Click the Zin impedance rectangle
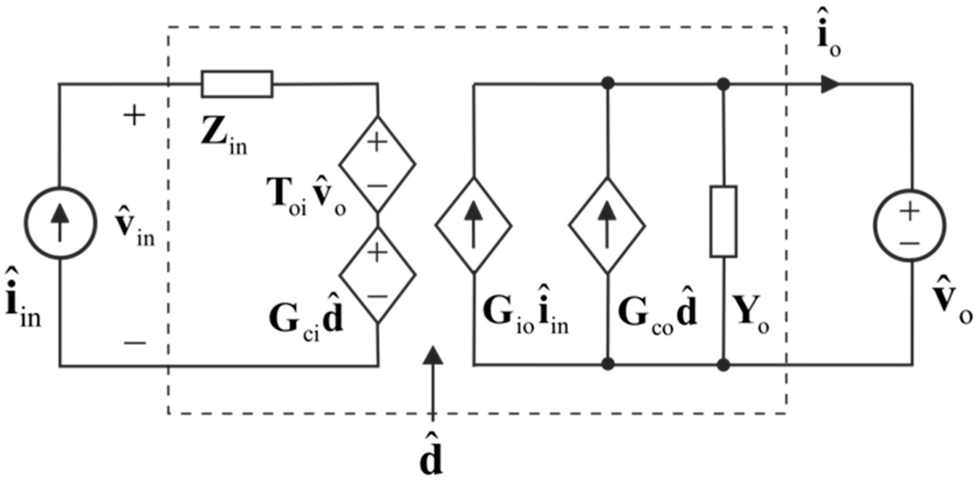pyautogui.click(x=237, y=84)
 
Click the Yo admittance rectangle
pyautogui.click(x=723, y=222)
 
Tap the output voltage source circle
pyautogui.click(x=910, y=226)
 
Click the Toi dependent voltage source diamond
pyautogui.click(x=377, y=164)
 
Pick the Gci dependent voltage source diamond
pyautogui.click(x=377, y=274)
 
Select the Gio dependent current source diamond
pyautogui.click(x=473, y=226)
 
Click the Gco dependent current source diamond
pyautogui.click(x=607, y=226)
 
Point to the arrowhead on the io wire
pyautogui.click(x=830, y=84)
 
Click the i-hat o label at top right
pyautogui.click(x=828, y=41)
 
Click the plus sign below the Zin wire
pyautogui.click(x=134, y=117)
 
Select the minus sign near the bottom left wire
pyautogui.click(x=134, y=343)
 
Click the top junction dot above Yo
pyautogui.click(x=723, y=84)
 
